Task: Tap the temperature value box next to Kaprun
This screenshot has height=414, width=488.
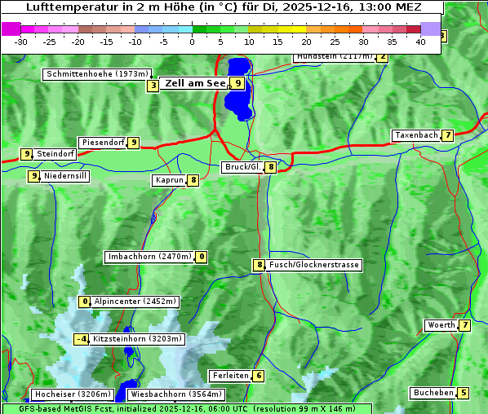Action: tap(193, 180)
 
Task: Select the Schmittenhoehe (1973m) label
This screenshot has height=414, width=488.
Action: tap(98, 74)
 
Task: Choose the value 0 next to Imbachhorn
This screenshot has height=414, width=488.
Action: tap(202, 257)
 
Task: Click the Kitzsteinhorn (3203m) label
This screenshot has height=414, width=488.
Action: tap(138, 339)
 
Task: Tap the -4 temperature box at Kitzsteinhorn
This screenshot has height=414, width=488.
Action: tap(82, 339)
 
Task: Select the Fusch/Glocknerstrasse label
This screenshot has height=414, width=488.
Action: tap(314, 265)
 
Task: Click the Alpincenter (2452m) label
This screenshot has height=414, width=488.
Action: tap(135, 302)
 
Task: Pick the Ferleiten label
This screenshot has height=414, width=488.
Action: tap(229, 376)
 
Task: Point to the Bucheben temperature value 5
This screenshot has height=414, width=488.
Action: tap(464, 393)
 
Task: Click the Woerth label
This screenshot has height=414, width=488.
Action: tap(441, 325)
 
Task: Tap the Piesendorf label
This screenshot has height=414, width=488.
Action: tap(103, 143)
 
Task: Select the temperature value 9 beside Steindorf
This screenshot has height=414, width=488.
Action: tap(26, 153)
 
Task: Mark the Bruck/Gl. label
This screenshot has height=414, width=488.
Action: tap(242, 167)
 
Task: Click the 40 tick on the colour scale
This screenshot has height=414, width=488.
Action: tap(420, 42)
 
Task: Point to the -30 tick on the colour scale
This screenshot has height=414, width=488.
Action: tap(21, 42)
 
